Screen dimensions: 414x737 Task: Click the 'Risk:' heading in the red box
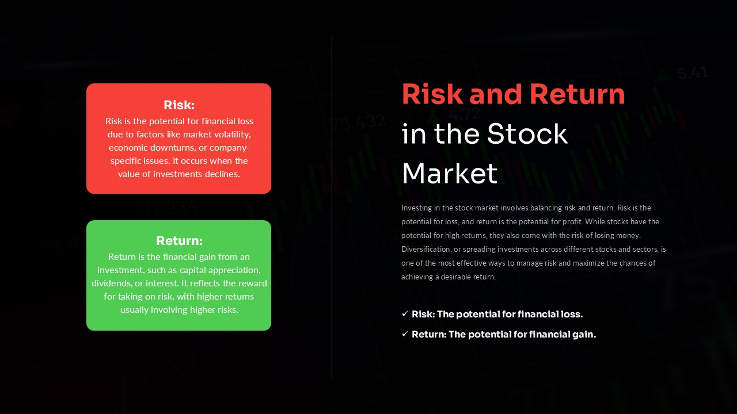coord(179,105)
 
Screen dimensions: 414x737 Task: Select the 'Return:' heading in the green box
coord(179,241)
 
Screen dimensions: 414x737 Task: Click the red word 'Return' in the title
coord(577,94)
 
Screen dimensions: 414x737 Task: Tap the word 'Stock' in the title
coord(527,134)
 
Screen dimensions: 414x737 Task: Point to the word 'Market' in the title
coord(449,173)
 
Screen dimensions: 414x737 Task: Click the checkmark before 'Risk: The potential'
coord(405,314)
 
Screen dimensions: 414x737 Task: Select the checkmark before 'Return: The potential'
coord(405,334)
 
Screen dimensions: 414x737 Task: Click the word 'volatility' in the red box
coord(230,135)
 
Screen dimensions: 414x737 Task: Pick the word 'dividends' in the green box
coord(111,283)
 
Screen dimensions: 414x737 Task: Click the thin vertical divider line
coord(332,207)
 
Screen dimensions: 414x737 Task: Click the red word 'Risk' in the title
coord(433,94)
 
